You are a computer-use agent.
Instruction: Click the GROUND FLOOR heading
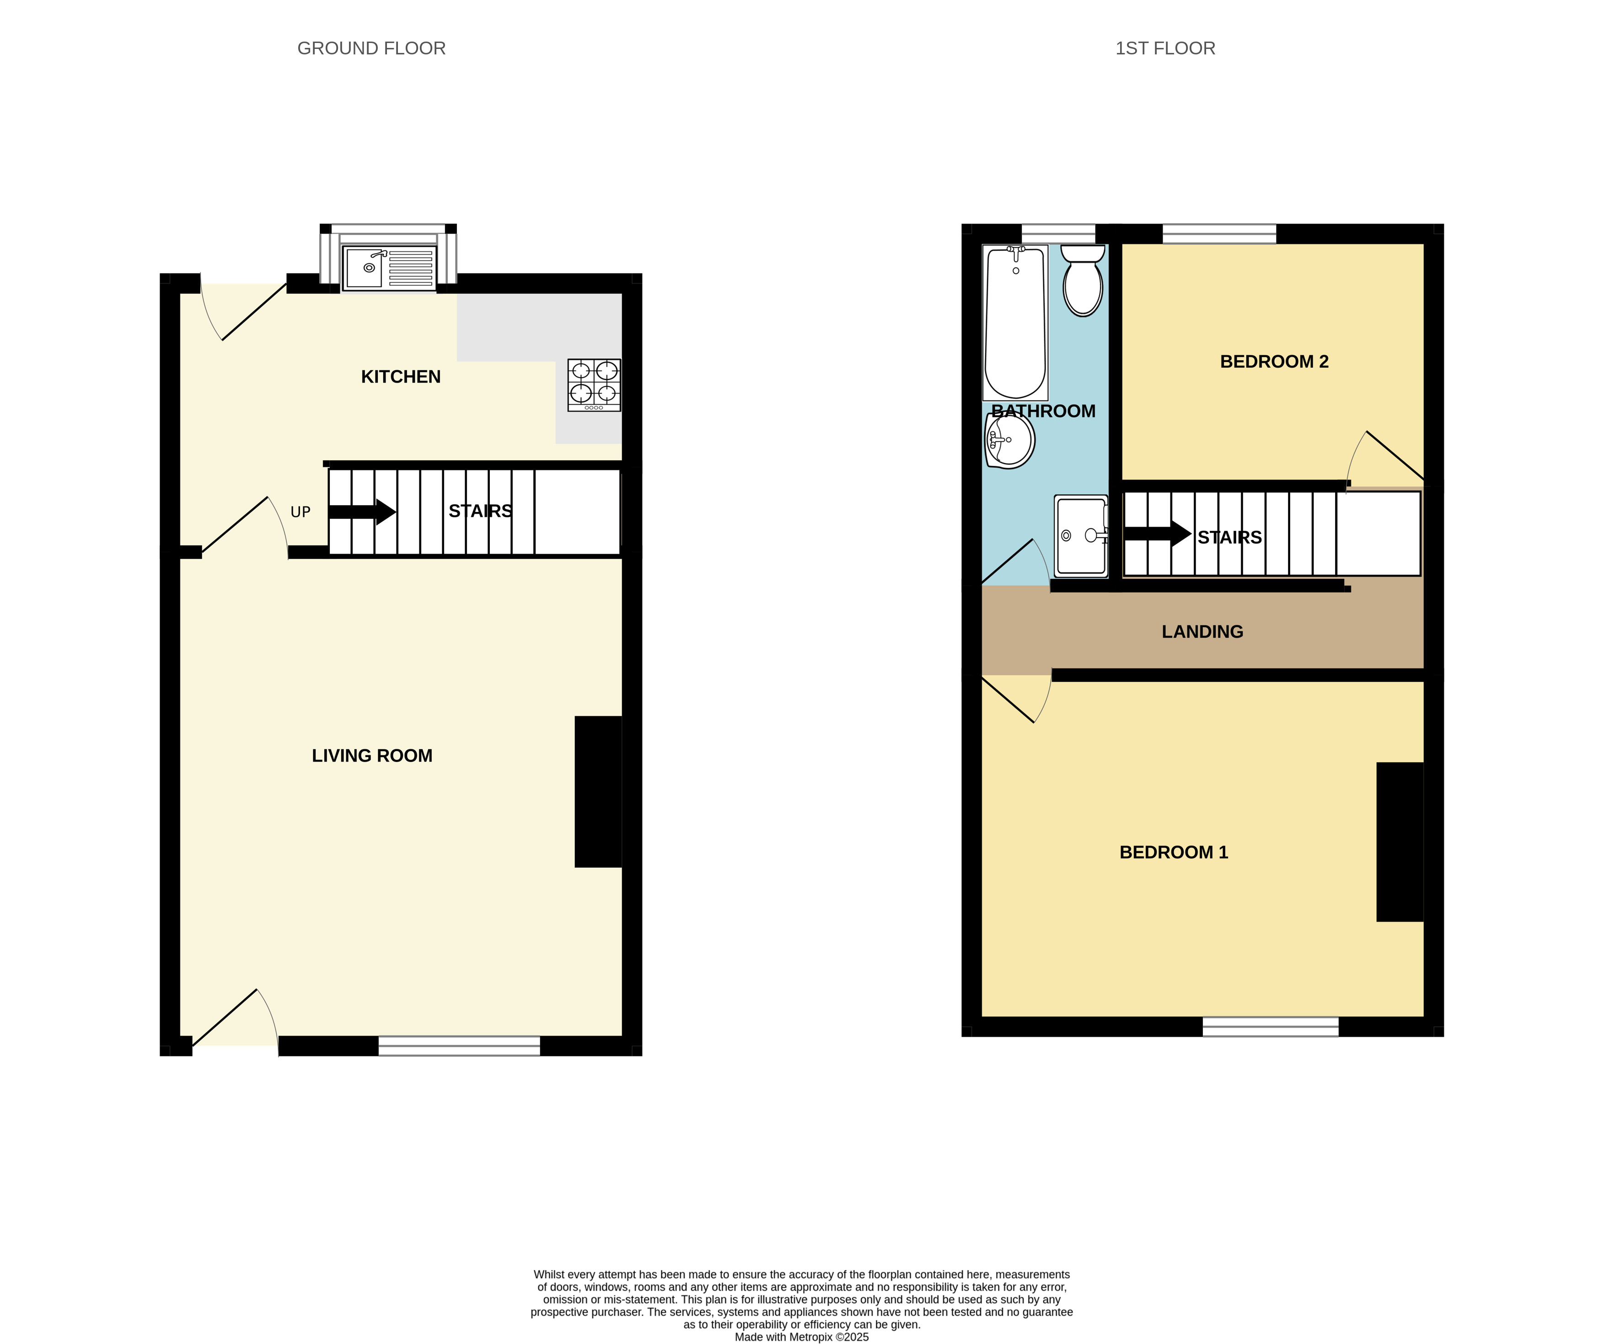(371, 48)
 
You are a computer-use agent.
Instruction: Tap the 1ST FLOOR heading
(1165, 48)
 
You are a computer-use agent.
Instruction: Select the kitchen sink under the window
(389, 267)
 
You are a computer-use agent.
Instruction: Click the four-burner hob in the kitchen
(594, 385)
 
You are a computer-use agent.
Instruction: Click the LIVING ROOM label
(372, 755)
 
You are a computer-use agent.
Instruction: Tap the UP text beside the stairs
(300, 512)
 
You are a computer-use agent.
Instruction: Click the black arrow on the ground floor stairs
(362, 512)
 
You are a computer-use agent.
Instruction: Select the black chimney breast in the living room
(598, 791)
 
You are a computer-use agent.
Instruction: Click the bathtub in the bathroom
(1015, 322)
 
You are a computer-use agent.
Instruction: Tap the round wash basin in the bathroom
(1010, 441)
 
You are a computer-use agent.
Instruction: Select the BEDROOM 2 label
(1274, 361)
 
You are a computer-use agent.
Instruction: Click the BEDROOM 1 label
(1173, 852)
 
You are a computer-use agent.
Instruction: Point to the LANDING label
(1202, 631)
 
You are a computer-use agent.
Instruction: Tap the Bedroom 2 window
(1219, 234)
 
